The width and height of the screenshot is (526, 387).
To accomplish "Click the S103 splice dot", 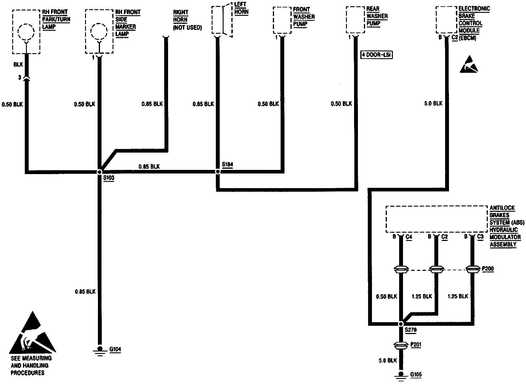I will click(x=100, y=172).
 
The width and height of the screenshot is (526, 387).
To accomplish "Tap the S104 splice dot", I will click(x=218, y=172).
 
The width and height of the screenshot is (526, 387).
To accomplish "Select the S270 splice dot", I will click(x=401, y=324).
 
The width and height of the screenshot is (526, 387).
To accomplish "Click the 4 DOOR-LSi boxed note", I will click(x=376, y=55).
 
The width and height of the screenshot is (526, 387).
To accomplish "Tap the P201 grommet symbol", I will click(x=401, y=345).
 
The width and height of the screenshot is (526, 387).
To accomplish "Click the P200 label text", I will click(x=488, y=269).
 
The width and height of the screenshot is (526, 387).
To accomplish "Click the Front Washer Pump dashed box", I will click(x=282, y=20).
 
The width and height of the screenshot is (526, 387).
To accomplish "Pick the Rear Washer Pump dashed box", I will click(x=355, y=20).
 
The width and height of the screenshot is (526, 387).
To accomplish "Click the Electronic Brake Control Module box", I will click(x=446, y=20).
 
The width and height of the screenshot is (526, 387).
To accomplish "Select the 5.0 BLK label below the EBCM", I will click(x=433, y=104).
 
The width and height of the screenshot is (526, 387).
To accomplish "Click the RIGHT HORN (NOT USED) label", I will click(x=187, y=20).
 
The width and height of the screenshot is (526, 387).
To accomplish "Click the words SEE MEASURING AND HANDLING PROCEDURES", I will click(x=31, y=365).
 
